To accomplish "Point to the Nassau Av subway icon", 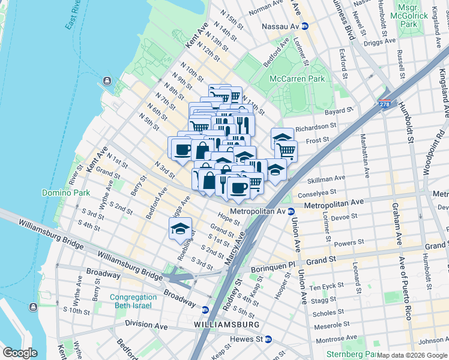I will click(305, 26).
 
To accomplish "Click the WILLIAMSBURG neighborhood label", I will click(226, 325).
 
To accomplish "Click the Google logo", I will click(20, 353).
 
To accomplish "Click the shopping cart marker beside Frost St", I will click(286, 150).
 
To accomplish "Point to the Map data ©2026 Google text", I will click(412, 355).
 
